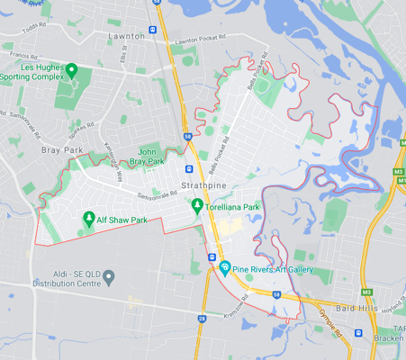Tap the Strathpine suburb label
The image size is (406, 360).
point(204,184)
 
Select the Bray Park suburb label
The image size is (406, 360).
point(61,151)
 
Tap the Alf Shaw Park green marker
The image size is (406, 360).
point(89,217)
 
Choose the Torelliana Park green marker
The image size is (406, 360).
point(197,206)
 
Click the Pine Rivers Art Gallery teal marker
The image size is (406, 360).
point(225,267)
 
